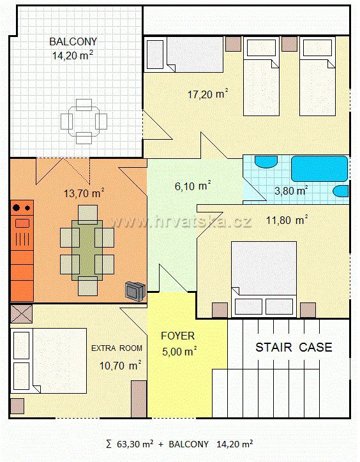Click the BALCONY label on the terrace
tap(73, 41)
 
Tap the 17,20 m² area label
tap(208, 94)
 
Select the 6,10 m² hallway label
tap(193, 186)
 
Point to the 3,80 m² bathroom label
tap(291, 191)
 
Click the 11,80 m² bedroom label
tap(287, 220)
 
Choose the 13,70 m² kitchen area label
tap(84, 193)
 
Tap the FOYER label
tap(178, 336)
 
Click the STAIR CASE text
tap(294, 347)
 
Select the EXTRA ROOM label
tap(117, 348)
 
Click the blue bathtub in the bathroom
tap(320, 168)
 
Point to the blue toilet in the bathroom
tap(341, 191)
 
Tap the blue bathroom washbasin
tap(266, 161)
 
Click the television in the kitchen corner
tap(135, 291)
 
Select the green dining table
tap(87, 250)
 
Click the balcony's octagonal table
tap(84, 121)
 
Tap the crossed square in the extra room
tap(21, 314)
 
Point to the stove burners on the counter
tap(22, 208)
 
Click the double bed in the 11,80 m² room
tap(264, 279)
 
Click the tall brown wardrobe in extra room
tap(139, 399)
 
